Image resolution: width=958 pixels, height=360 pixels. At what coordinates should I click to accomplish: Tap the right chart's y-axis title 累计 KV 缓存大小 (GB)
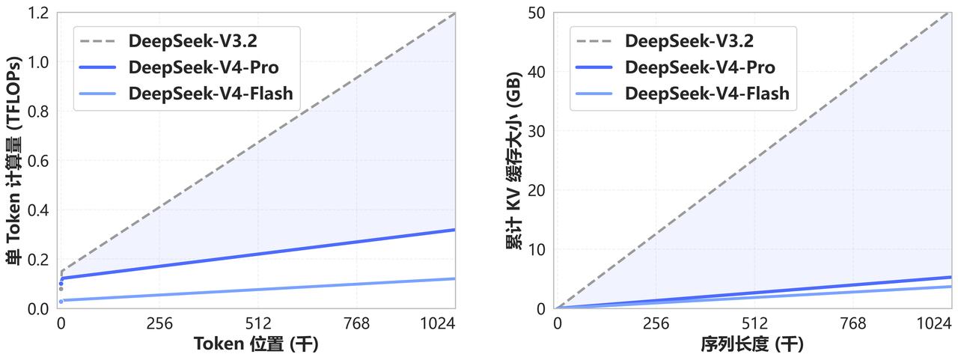click(515, 162)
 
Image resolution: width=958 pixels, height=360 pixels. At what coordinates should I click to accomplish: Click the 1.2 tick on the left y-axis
click(37, 13)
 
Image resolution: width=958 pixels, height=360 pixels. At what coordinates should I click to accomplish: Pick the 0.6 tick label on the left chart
click(37, 161)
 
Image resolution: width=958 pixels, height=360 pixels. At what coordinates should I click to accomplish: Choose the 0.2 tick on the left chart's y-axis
click(37, 259)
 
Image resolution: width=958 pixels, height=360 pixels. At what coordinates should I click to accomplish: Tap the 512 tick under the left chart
click(258, 323)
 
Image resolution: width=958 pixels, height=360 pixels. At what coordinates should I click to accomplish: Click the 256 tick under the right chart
click(656, 323)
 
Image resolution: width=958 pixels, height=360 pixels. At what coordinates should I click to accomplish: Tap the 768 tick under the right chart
click(853, 323)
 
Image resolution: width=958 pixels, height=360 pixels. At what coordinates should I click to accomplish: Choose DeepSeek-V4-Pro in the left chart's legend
click(204, 67)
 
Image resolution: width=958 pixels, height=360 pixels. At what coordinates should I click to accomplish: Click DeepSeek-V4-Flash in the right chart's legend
click(707, 93)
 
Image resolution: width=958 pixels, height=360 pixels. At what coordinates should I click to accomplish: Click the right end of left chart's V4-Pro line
click(454, 230)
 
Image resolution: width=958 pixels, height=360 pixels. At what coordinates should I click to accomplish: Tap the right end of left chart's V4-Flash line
click(454, 278)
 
